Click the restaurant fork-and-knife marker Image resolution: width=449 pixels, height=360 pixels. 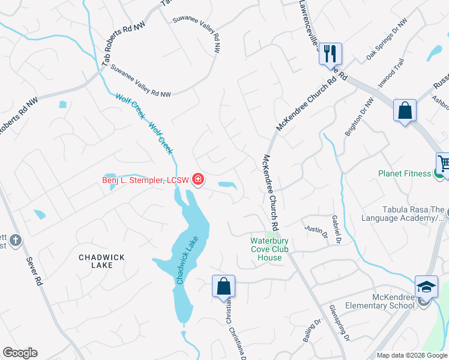coord(330,53)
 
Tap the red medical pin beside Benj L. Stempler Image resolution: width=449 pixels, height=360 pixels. coord(197,179)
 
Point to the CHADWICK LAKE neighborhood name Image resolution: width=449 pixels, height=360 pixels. coord(102,262)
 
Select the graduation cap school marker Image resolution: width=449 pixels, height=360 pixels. coord(426,287)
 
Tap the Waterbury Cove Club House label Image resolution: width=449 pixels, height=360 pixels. coord(270,249)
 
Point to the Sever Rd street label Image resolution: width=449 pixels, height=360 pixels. coord(34,271)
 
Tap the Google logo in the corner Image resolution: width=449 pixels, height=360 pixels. coord(20,353)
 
